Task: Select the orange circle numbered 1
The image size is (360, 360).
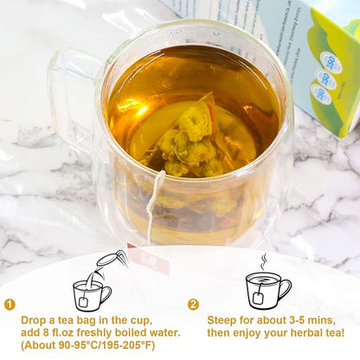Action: pos(10,305)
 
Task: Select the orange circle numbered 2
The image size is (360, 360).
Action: pos(193,305)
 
